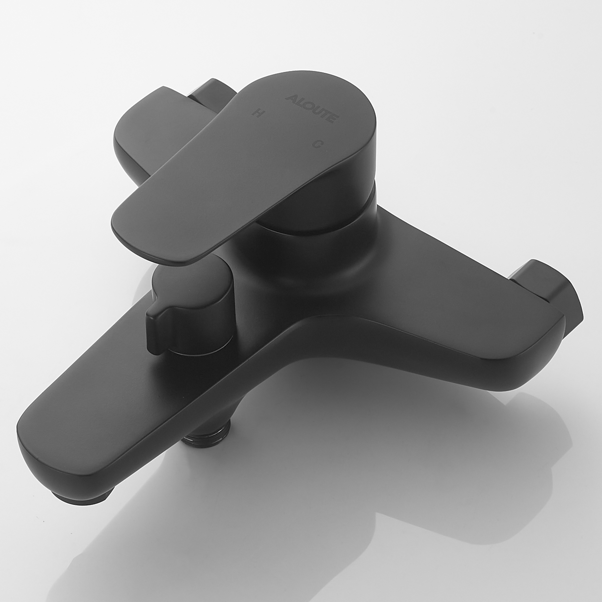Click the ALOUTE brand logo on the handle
(312, 108)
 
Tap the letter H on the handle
(257, 113)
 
